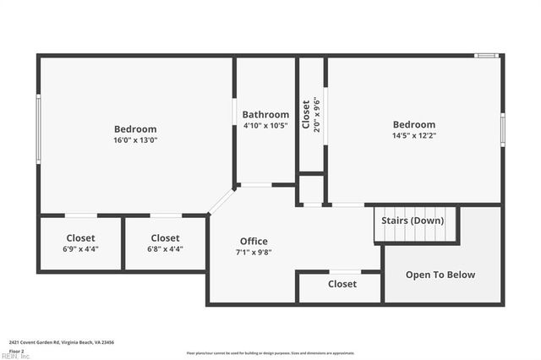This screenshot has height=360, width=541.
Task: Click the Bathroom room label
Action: (265, 114)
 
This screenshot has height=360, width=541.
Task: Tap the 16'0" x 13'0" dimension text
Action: (136, 140)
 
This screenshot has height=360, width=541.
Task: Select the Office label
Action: (254, 242)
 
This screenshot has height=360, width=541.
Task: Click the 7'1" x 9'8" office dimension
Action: (254, 253)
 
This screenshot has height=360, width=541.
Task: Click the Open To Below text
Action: (440, 275)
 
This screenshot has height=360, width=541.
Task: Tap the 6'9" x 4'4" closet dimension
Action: (80, 249)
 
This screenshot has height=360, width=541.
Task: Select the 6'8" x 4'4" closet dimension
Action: (165, 249)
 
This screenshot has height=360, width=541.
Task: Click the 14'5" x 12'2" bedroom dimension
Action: (413, 135)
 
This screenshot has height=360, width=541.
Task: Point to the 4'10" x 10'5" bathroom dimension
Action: (265, 126)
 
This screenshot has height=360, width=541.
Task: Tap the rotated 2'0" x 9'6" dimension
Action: (317, 114)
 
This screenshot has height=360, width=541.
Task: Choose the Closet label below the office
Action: (342, 284)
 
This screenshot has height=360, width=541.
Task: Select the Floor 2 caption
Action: (16, 350)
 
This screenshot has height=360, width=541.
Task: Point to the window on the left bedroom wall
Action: (38, 128)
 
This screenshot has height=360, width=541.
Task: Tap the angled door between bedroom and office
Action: (221, 201)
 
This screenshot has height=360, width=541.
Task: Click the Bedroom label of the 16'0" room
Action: (136, 129)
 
